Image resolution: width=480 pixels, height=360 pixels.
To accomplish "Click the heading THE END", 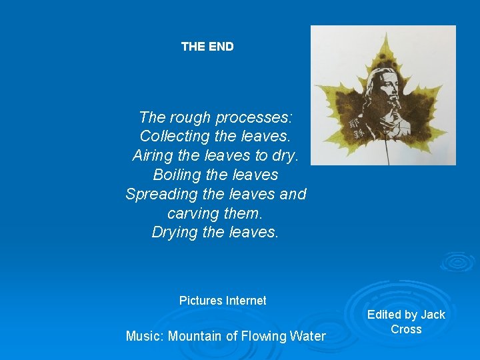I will click(207, 47).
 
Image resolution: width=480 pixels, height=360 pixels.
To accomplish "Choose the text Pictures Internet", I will click(223, 301).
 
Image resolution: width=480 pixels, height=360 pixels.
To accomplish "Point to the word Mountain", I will click(195, 337).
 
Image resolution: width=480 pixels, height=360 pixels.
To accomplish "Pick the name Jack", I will click(433, 315).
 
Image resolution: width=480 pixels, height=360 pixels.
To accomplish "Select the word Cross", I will click(406, 329).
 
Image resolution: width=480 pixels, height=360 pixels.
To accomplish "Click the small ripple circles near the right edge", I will click(457, 262).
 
